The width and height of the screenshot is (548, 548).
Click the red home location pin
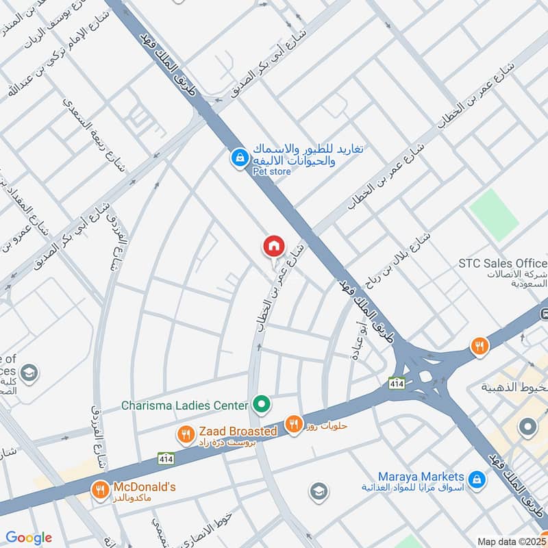[273, 246]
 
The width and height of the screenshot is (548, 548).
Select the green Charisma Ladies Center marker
[260, 404]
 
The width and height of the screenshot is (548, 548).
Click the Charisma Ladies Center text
[184, 406]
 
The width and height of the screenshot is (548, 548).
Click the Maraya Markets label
[421, 476]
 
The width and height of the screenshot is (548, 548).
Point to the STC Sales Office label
[503, 264]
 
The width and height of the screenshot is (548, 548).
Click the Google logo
[29, 538]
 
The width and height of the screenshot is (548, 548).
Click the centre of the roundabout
[426, 376]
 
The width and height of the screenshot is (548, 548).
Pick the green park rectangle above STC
[495, 214]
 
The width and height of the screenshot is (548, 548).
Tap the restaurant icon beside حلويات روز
[295, 425]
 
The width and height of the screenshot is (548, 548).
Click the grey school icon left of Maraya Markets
[317, 491]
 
